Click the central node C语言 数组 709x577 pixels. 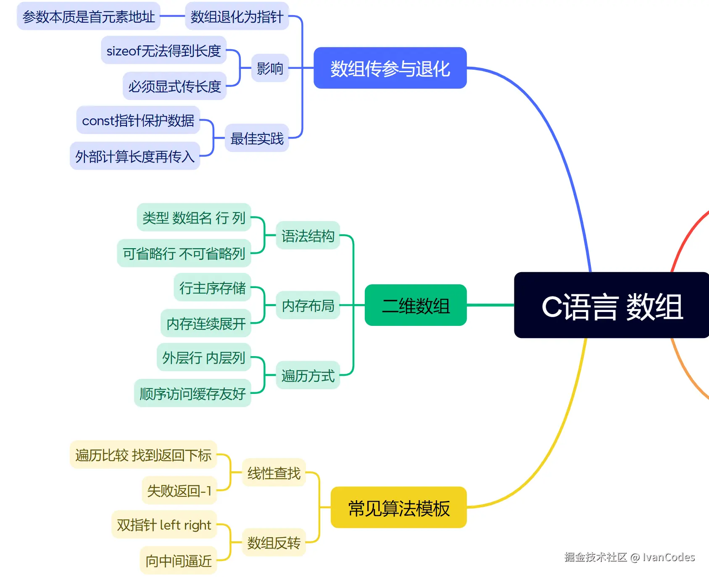[x=612, y=305]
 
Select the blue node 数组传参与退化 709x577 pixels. [x=390, y=68]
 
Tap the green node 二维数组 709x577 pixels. [x=416, y=305]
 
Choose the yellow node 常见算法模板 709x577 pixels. [x=399, y=507]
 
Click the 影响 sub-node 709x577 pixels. [x=270, y=68]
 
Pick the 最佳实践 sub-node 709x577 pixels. [x=257, y=138]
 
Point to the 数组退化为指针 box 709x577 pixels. [x=237, y=16]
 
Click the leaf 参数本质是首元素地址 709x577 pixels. [x=89, y=16]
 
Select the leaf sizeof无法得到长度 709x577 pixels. [x=164, y=50]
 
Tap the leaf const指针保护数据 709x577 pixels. [x=138, y=120]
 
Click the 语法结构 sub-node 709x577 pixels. [x=308, y=236]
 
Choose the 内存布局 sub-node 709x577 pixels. [x=308, y=305]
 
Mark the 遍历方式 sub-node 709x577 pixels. [x=308, y=375]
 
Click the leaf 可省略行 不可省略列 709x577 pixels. [x=184, y=253]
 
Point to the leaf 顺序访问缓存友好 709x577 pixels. [x=192, y=393]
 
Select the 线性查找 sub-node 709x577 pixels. [x=274, y=473]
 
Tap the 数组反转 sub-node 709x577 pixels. [x=274, y=543]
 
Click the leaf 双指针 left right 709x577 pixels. [x=164, y=525]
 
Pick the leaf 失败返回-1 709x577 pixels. [x=179, y=490]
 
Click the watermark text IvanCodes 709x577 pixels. [x=668, y=557]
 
